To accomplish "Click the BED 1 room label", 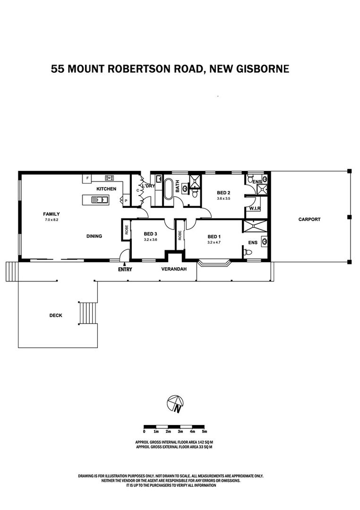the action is click(214, 237).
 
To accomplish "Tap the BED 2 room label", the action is click(223, 193).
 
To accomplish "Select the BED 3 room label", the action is click(150, 234).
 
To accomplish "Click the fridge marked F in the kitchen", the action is click(87, 178).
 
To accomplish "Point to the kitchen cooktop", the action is click(109, 178).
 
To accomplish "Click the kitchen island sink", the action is click(99, 199).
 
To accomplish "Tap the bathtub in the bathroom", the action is click(169, 189).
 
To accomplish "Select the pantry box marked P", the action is click(126, 201).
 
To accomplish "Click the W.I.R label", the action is click(255, 209).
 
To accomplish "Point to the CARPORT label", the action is click(309, 219).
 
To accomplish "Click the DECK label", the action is click(56, 315).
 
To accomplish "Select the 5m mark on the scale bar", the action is click(205, 432).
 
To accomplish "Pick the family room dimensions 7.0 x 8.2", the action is click(51, 220).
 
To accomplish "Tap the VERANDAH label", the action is click(174, 269).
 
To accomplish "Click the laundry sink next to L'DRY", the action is click(159, 179).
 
